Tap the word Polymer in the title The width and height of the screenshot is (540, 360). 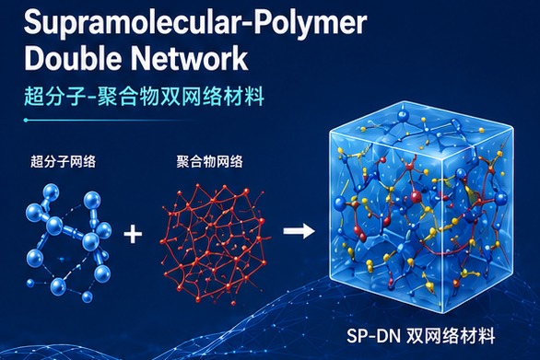pyautogui.click(x=308, y=23)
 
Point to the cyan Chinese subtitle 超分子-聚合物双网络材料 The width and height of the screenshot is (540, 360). pyautogui.click(x=145, y=97)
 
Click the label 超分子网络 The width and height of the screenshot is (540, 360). pyautogui.click(x=63, y=161)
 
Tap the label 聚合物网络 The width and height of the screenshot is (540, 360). pyautogui.click(x=210, y=161)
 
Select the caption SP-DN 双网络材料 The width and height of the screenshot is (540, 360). pyautogui.click(x=421, y=335)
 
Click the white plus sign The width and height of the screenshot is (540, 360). pyautogui.click(x=133, y=234)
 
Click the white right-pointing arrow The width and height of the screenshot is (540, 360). pyautogui.click(x=299, y=230)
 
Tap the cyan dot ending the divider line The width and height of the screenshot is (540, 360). pyautogui.click(x=26, y=120)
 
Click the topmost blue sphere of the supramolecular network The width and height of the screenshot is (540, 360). pyautogui.click(x=51, y=192)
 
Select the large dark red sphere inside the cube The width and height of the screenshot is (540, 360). pyautogui.click(x=416, y=196)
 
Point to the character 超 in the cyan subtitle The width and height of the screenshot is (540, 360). pyautogui.click(x=34, y=97)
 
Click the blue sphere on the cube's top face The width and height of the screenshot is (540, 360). pyautogui.click(x=402, y=116)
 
